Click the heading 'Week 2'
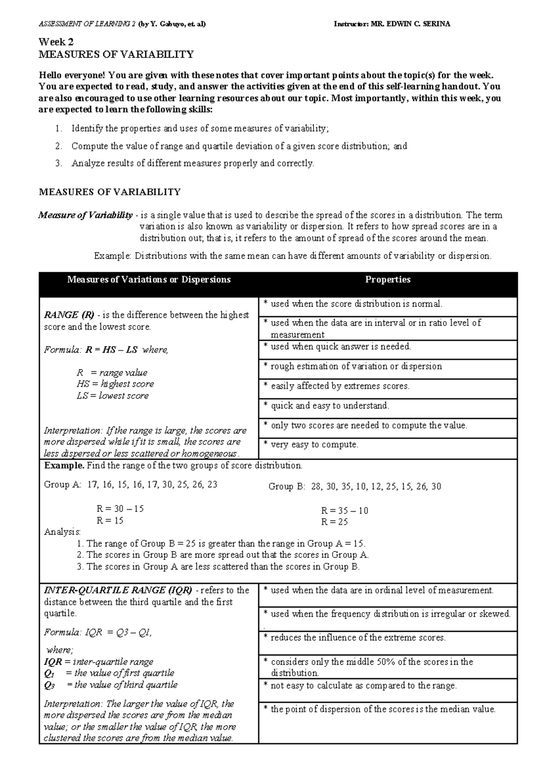[56, 42]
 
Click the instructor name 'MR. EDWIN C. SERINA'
[410, 24]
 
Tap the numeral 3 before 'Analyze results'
[58, 163]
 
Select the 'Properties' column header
[387, 280]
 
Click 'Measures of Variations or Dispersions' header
[149, 280]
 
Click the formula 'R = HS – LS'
[112, 350]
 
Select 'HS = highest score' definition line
[115, 384]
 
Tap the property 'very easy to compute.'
[314, 445]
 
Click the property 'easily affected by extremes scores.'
[339, 386]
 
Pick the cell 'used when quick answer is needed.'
[340, 347]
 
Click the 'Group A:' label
[62, 485]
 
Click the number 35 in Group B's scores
[346, 486]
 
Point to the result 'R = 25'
[334, 522]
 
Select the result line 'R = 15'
[110, 520]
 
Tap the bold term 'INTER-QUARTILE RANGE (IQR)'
[118, 590]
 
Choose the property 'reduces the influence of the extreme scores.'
[357, 638]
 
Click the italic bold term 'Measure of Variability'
[86, 215]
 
